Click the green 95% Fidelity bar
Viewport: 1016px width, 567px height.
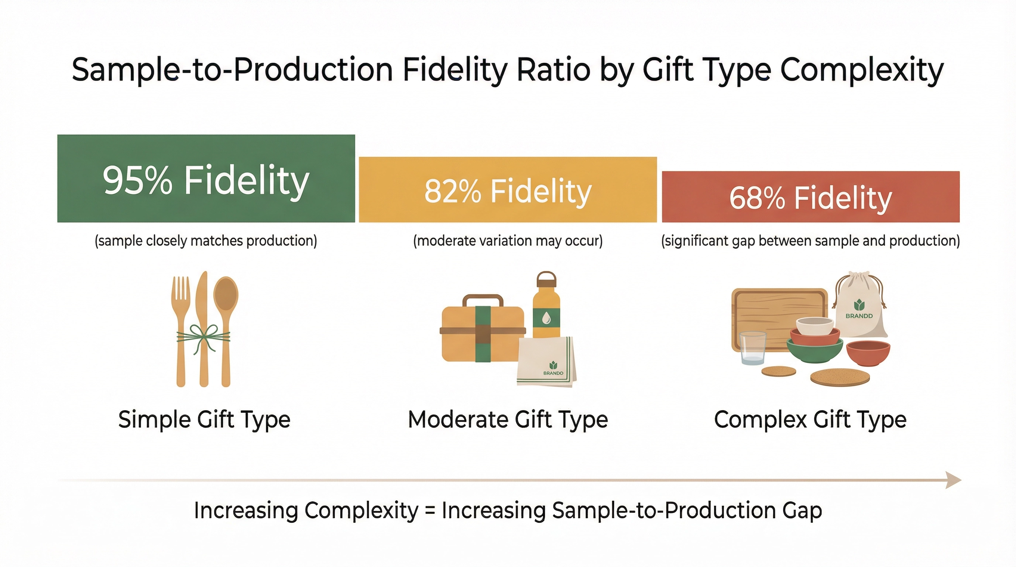click(x=206, y=178)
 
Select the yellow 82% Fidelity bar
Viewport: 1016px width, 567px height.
click(x=508, y=190)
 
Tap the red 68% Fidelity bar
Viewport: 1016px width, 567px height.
click(x=810, y=197)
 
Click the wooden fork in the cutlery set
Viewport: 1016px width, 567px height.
click(x=181, y=316)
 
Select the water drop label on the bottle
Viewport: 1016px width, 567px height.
click(x=546, y=318)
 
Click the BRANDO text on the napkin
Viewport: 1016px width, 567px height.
click(x=553, y=373)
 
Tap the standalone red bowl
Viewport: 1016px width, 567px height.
click(x=868, y=353)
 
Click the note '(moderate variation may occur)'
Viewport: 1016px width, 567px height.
click(x=508, y=241)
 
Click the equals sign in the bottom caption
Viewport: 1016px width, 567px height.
click(x=430, y=511)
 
